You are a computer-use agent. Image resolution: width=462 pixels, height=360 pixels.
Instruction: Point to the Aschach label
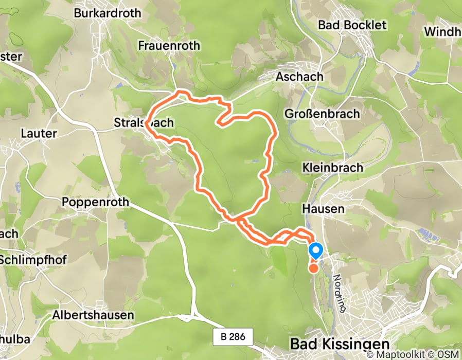tap(299, 77)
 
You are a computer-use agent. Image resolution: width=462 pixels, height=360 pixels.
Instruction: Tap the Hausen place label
tap(323, 209)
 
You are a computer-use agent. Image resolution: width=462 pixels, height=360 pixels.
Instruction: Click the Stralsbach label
tap(144, 123)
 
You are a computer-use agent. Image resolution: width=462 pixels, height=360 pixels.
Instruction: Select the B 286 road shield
tap(233, 337)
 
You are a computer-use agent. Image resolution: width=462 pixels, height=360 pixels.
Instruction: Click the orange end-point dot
tap(313, 267)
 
